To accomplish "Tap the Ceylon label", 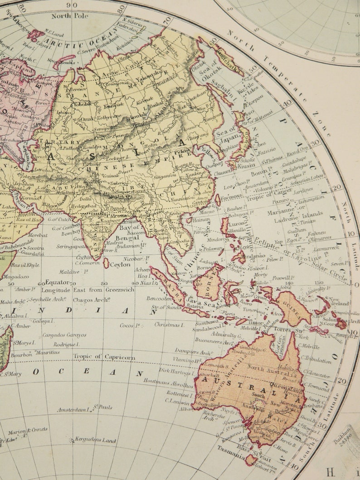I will tap(120, 265).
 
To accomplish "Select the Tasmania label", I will tap(228, 458).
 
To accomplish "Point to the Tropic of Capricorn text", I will tap(104, 357).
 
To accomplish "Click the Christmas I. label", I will tap(169, 325).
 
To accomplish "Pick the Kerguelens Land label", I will tap(95, 440).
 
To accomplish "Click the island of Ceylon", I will tap(106, 263).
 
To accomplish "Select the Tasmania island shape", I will tap(251, 460).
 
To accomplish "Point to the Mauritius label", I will tap(48, 352).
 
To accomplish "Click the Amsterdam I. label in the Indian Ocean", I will tap(73, 410).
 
